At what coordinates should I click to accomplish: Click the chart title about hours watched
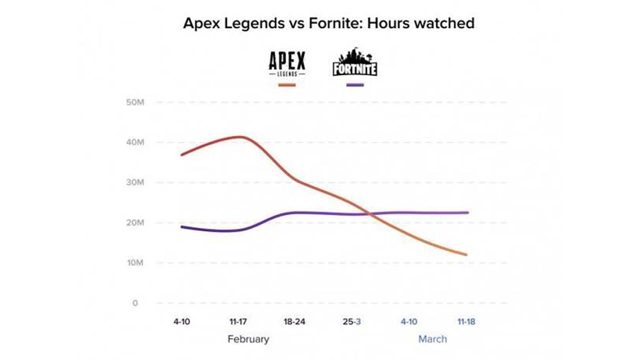coord(329,23)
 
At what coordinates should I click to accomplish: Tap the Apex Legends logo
coord(287,63)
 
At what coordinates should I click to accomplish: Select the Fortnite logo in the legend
coord(355,63)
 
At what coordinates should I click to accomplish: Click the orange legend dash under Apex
coord(287,85)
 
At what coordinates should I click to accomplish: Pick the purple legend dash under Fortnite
coord(354,85)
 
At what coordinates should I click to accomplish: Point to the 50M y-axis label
coord(134,102)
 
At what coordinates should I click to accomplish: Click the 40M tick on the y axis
coord(134,142)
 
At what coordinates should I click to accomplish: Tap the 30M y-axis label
coord(134,183)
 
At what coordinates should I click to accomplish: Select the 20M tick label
coord(134,223)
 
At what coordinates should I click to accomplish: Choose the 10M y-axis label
coord(134,263)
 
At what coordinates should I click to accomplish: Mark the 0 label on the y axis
coord(135,303)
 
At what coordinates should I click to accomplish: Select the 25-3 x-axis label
coord(351,321)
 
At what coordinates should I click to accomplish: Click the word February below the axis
coord(248,339)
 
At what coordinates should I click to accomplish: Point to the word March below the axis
coord(433,339)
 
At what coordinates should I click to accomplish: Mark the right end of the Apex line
coord(466,255)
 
